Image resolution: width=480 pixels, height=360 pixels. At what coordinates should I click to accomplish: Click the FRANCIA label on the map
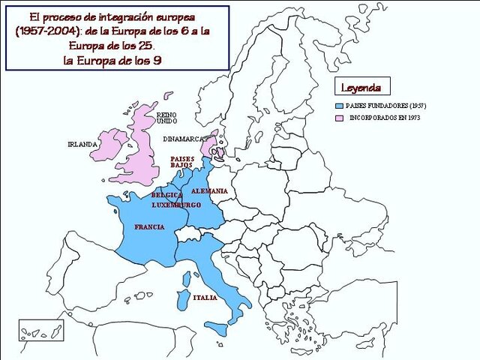click(149, 226)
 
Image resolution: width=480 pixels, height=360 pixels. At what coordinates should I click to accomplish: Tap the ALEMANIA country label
click(209, 190)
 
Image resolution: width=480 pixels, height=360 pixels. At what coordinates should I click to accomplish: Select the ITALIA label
click(205, 298)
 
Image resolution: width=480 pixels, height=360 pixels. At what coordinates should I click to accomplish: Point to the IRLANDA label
click(82, 144)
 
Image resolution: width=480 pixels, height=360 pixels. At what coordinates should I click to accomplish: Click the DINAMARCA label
click(184, 139)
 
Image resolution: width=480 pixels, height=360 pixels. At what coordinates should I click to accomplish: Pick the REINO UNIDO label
click(166, 118)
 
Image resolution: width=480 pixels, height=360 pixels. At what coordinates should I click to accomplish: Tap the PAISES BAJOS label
click(182, 162)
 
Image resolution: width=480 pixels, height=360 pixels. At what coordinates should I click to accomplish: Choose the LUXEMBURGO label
click(176, 205)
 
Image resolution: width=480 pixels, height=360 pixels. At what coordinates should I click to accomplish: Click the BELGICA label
click(167, 195)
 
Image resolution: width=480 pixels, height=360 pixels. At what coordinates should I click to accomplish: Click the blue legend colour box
click(340, 106)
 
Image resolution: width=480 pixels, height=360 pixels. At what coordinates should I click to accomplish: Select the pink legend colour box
click(340, 118)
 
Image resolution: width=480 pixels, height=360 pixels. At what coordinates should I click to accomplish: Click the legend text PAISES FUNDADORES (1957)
click(385, 106)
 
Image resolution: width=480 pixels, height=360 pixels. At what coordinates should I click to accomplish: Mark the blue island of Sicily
click(219, 328)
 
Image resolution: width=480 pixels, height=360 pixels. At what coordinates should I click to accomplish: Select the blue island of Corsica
click(185, 279)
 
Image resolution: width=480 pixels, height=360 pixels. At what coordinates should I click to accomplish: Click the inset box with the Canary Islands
click(39, 330)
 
